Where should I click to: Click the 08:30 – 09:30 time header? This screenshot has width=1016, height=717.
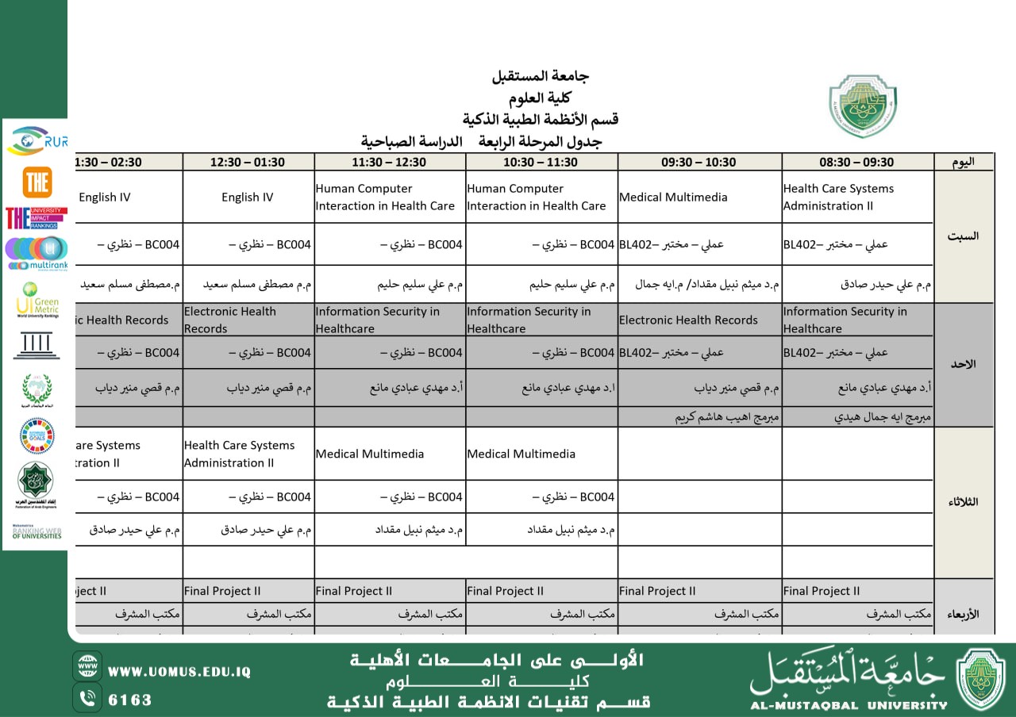click(x=856, y=162)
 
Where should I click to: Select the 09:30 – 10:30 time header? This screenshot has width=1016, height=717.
click(x=698, y=162)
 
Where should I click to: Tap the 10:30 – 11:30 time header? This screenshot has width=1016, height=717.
click(x=541, y=162)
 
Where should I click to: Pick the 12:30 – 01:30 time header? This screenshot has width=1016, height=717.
click(x=247, y=162)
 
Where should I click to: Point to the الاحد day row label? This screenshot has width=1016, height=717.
click(x=963, y=364)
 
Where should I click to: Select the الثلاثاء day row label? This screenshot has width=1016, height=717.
click(x=963, y=502)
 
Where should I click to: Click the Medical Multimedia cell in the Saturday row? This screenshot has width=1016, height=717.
click(x=673, y=197)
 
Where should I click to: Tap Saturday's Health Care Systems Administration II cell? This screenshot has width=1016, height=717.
click(x=838, y=197)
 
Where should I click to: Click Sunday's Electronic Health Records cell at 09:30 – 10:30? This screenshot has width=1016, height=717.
click(x=688, y=320)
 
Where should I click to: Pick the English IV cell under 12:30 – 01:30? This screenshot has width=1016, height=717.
click(x=247, y=197)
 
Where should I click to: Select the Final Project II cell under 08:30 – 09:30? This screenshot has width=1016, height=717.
click(x=821, y=591)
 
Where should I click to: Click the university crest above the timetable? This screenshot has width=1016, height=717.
click(x=863, y=106)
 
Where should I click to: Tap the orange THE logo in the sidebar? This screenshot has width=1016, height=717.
click(x=37, y=182)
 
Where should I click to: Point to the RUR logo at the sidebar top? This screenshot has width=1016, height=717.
click(x=37, y=140)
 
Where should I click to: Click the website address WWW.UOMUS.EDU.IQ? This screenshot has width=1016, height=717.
click(x=179, y=672)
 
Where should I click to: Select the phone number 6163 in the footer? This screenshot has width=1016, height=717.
click(x=129, y=700)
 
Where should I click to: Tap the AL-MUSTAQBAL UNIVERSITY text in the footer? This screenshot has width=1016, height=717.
click(x=849, y=704)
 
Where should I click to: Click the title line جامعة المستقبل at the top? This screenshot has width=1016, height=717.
click(x=541, y=77)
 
